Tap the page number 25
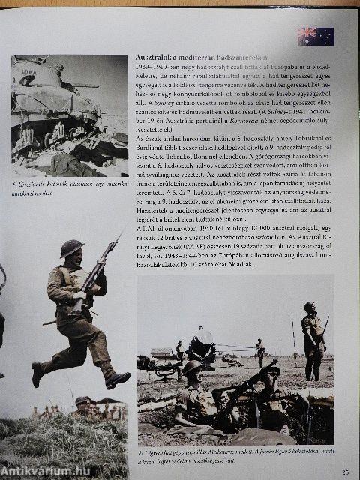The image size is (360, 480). pyautogui.click(x=345, y=472)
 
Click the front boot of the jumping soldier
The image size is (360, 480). pyautogui.click(x=118, y=379)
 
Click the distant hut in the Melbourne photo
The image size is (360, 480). pyautogui.click(x=161, y=352)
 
